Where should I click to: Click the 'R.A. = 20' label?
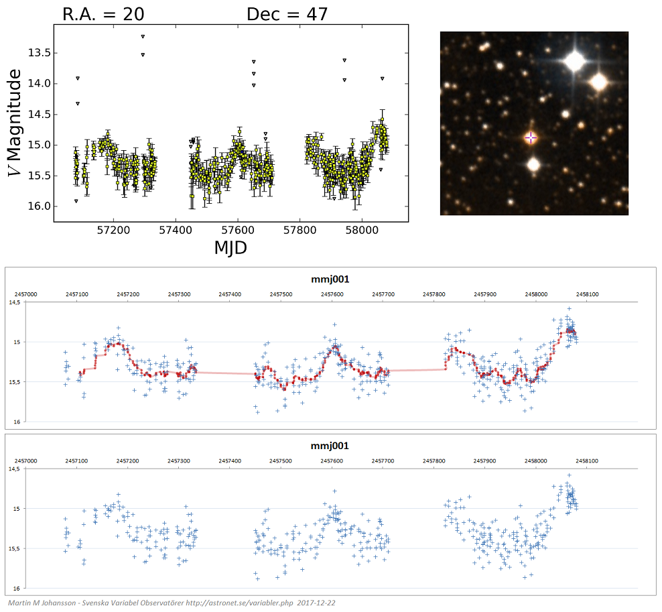click(103, 13)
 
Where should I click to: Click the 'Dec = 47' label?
click(287, 13)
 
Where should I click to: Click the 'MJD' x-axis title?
click(230, 247)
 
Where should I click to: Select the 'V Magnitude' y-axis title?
click(16, 125)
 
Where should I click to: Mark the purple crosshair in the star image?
click(531, 137)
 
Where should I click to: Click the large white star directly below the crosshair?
click(533, 164)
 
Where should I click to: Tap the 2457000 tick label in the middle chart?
click(26, 294)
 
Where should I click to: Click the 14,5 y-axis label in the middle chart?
click(14, 302)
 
